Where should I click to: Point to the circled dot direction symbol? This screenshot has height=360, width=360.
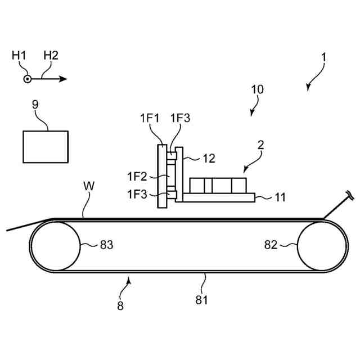[27, 79]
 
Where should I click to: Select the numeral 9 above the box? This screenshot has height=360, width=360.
[36, 104]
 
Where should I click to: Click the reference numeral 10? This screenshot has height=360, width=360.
[257, 89]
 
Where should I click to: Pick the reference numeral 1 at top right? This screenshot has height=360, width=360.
[323, 58]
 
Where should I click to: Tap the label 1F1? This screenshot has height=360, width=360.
[150, 119]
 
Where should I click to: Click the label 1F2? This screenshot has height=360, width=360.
[137, 177]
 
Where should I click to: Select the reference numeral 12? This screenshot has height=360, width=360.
[209, 159]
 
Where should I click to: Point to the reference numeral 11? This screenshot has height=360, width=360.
[280, 197]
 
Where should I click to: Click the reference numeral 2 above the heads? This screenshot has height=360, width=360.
[260, 144]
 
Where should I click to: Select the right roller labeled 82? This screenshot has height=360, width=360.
[322, 245]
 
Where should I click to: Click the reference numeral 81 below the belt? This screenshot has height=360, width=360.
[201, 299]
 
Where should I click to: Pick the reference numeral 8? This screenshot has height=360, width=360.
[120, 306]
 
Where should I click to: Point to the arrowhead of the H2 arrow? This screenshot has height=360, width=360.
[64, 79]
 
